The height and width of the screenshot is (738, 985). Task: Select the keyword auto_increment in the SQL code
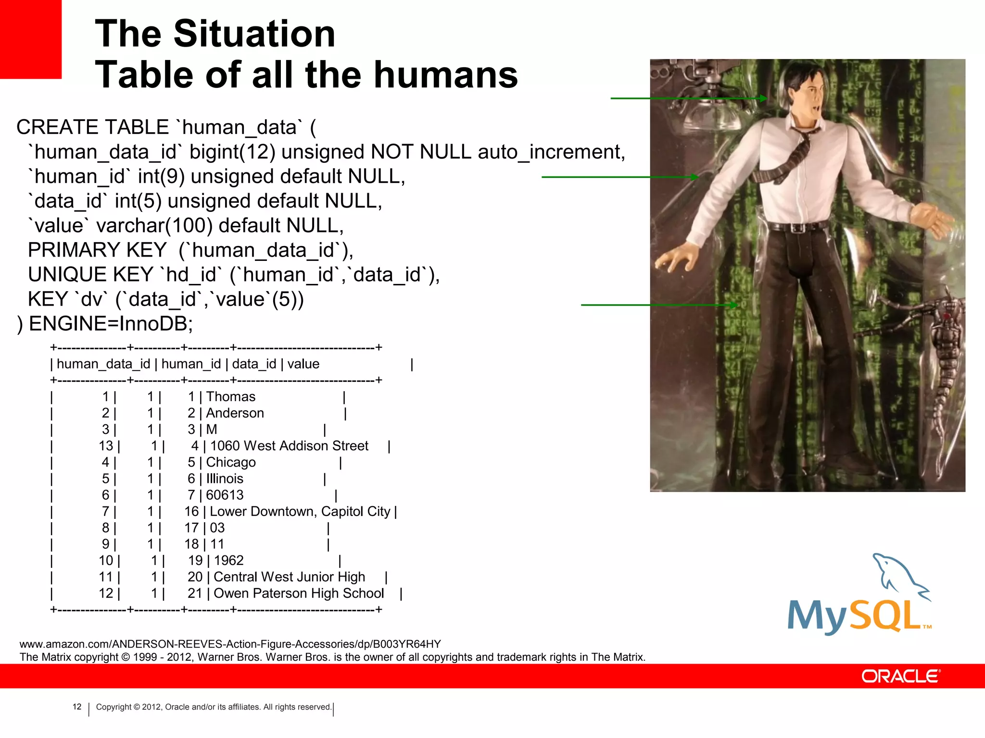click(x=551, y=152)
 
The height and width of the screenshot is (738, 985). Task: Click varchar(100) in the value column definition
click(x=154, y=225)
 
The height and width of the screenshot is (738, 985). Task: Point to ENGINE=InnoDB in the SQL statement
click(x=111, y=324)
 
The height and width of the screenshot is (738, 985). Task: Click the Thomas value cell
click(x=230, y=396)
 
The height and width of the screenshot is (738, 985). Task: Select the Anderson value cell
click(x=235, y=413)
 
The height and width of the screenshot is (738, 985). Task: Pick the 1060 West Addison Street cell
click(x=289, y=446)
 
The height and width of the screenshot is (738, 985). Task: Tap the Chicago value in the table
click(x=231, y=462)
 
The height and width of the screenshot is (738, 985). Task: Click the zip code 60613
click(x=225, y=495)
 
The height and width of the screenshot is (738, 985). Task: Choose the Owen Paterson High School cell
click(x=299, y=593)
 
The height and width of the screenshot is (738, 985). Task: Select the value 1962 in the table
click(x=228, y=561)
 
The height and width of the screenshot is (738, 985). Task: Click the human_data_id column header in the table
click(x=103, y=364)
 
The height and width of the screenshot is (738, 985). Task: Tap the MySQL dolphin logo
click(x=859, y=596)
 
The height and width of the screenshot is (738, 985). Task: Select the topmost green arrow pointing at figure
click(x=688, y=98)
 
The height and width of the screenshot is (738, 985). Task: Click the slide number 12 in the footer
click(x=77, y=707)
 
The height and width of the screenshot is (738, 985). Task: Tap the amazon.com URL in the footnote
click(x=230, y=644)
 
